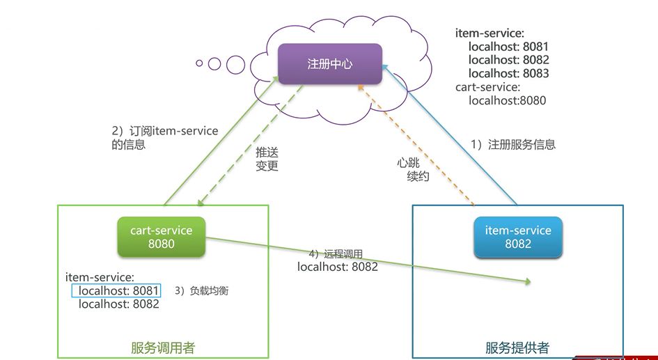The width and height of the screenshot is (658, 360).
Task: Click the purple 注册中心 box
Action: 330,64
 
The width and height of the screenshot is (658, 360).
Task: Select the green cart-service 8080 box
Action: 162,237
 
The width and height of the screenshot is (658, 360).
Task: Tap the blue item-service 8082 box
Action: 517,237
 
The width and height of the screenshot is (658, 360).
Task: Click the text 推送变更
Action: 267,159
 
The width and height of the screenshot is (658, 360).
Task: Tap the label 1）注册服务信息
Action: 513,145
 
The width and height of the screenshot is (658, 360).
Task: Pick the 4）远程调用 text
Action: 336,254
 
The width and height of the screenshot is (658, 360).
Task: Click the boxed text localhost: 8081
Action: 116,290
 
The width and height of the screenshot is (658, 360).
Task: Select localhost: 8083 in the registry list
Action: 508,73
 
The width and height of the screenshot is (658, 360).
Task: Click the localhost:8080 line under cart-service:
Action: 507,100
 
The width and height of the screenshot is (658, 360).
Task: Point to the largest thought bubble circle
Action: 235,65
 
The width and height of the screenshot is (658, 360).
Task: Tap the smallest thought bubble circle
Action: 199,63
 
